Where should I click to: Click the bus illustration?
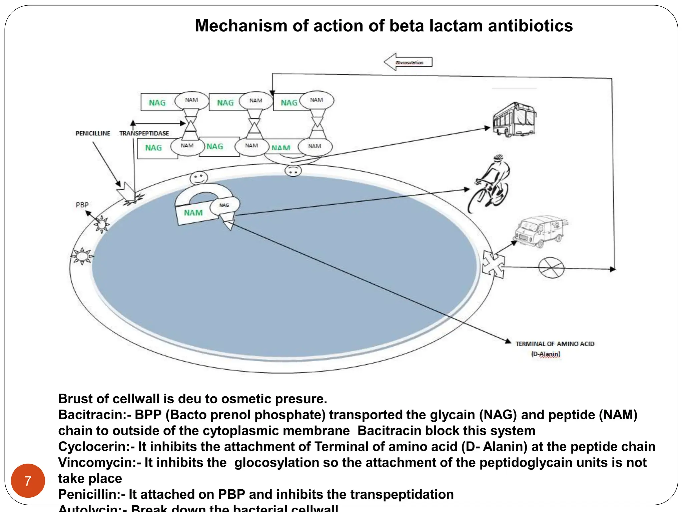[x=514, y=120]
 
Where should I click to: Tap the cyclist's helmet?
[x=498, y=157]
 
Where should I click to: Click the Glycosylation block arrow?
[x=408, y=62]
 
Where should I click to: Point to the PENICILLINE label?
[x=93, y=133]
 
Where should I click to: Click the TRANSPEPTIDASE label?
[x=144, y=133]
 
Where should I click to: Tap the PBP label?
[x=82, y=205]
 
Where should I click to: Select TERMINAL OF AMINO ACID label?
[x=555, y=344]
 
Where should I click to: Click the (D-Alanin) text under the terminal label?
[x=546, y=354]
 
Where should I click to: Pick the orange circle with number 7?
[x=28, y=481]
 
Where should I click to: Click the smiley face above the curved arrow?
[x=199, y=178]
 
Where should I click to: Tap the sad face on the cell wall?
[x=293, y=171]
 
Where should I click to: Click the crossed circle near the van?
[x=551, y=267]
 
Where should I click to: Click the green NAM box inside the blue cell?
[x=193, y=213]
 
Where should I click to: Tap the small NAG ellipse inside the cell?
[x=224, y=205]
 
